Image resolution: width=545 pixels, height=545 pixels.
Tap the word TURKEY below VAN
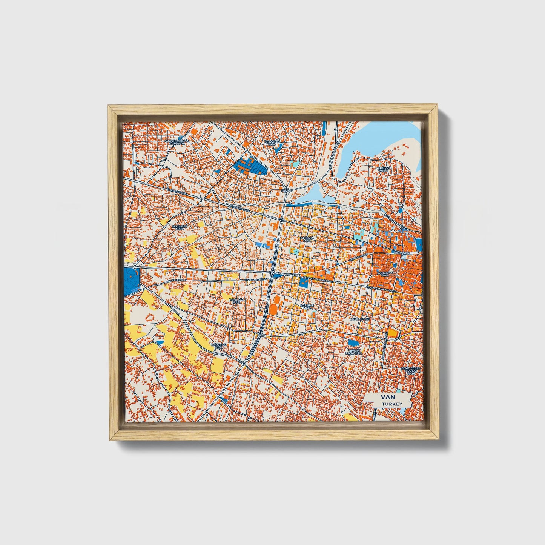(391, 404)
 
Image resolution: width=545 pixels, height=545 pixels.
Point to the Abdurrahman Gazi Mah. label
(177, 142)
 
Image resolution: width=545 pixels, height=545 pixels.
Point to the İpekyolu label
(401, 252)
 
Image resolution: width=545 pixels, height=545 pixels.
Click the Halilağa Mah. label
(236, 301)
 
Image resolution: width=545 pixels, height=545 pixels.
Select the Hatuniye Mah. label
(218, 346)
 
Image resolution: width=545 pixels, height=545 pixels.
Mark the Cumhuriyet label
(360, 319)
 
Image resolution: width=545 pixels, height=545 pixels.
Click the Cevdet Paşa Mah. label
(354, 352)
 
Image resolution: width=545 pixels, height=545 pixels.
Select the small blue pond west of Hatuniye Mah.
(160, 342)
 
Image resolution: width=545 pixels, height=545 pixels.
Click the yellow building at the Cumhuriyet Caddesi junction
(393, 333)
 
